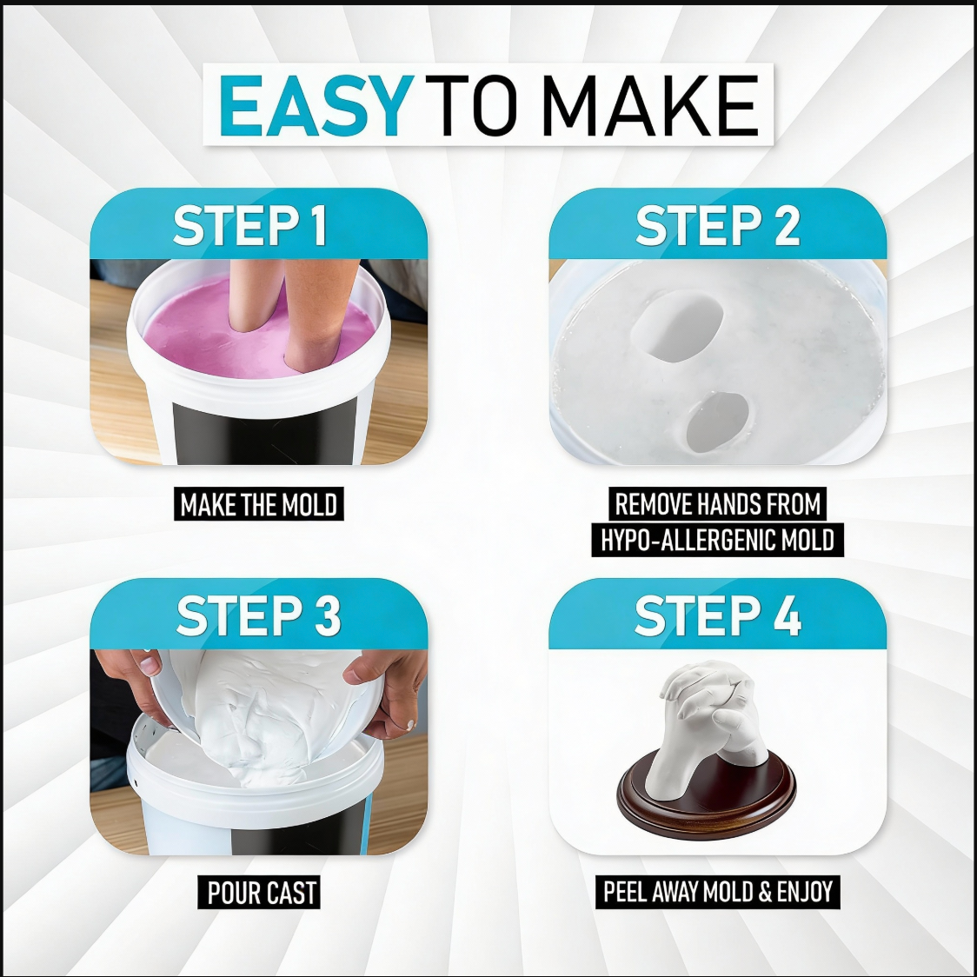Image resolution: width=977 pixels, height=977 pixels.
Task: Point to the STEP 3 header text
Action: pos(258,616)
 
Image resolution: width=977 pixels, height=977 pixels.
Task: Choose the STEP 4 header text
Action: pos(717,616)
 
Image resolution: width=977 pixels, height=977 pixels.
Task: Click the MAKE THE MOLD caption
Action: pos(258,505)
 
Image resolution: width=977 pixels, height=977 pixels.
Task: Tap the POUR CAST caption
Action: pos(262,893)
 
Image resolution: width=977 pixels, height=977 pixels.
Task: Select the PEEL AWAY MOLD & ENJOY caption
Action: pos(718,892)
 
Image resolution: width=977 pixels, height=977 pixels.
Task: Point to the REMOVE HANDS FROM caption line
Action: pos(718,504)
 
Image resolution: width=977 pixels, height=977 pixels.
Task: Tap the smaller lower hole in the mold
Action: pos(717,422)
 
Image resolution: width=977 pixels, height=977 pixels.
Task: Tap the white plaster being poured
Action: pos(261,721)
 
